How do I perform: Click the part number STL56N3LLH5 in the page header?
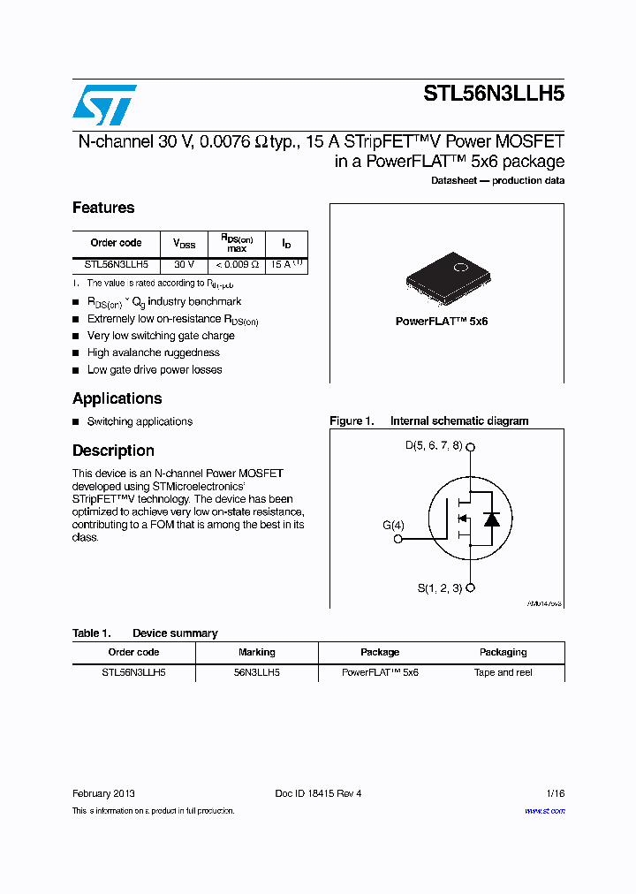[494, 95]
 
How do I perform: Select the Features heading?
[103, 208]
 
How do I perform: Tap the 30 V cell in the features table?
[184, 264]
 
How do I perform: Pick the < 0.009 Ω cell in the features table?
[236, 264]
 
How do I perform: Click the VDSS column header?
[184, 243]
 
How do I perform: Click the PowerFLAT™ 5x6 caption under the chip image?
[441, 322]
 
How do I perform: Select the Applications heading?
[117, 398]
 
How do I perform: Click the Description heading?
[113, 451]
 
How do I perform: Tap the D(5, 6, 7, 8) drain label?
[433, 446]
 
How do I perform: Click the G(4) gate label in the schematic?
[393, 525]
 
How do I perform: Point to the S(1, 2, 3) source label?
[439, 588]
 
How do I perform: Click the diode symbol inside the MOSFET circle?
[492, 519]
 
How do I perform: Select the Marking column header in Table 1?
[256, 652]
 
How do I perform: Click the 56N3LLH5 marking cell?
[256, 672]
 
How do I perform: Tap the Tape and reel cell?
[503, 672]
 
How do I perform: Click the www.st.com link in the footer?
[544, 811]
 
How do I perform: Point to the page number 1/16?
[554, 793]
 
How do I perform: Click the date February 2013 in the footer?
[103, 793]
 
